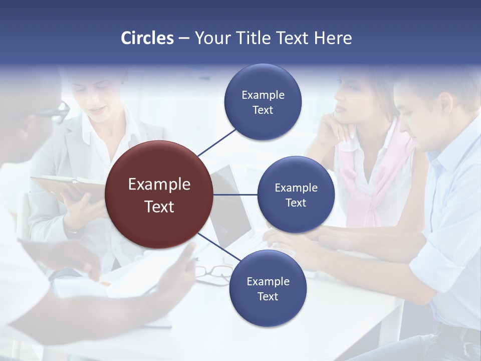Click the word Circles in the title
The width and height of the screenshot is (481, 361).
coord(147,38)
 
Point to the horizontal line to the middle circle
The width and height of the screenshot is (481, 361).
coord(235,195)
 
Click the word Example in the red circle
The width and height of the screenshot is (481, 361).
coord(159,184)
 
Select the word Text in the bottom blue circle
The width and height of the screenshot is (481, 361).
coord(268,296)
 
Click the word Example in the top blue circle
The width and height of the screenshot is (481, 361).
coord(263,95)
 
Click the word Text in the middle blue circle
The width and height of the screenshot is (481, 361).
coord(296,203)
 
